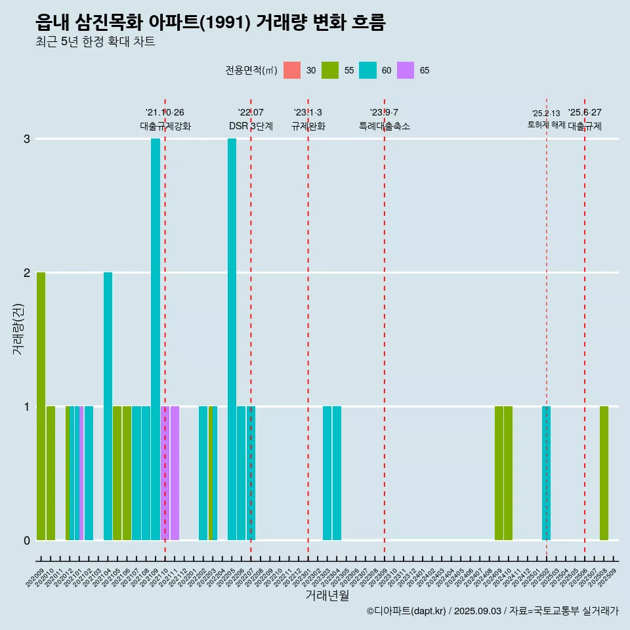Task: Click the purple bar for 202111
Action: pos(175,472)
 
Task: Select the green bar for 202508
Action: pos(604,472)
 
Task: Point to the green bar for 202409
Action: pos(499,472)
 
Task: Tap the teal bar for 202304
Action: pos(337,472)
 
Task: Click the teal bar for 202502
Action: pos(546,472)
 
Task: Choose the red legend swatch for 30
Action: pos(292,70)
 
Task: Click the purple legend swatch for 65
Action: pos(406,70)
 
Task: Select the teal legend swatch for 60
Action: pos(367,70)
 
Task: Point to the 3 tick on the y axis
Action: pos(27,139)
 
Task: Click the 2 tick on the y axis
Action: pos(27,272)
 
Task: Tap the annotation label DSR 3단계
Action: pos(251,126)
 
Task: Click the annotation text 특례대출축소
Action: pos(384,126)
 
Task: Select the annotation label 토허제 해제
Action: pos(546,124)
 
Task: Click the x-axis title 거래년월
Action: pos(327,595)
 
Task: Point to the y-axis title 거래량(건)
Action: pos(18,328)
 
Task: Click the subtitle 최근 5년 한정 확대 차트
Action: pos(95,42)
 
